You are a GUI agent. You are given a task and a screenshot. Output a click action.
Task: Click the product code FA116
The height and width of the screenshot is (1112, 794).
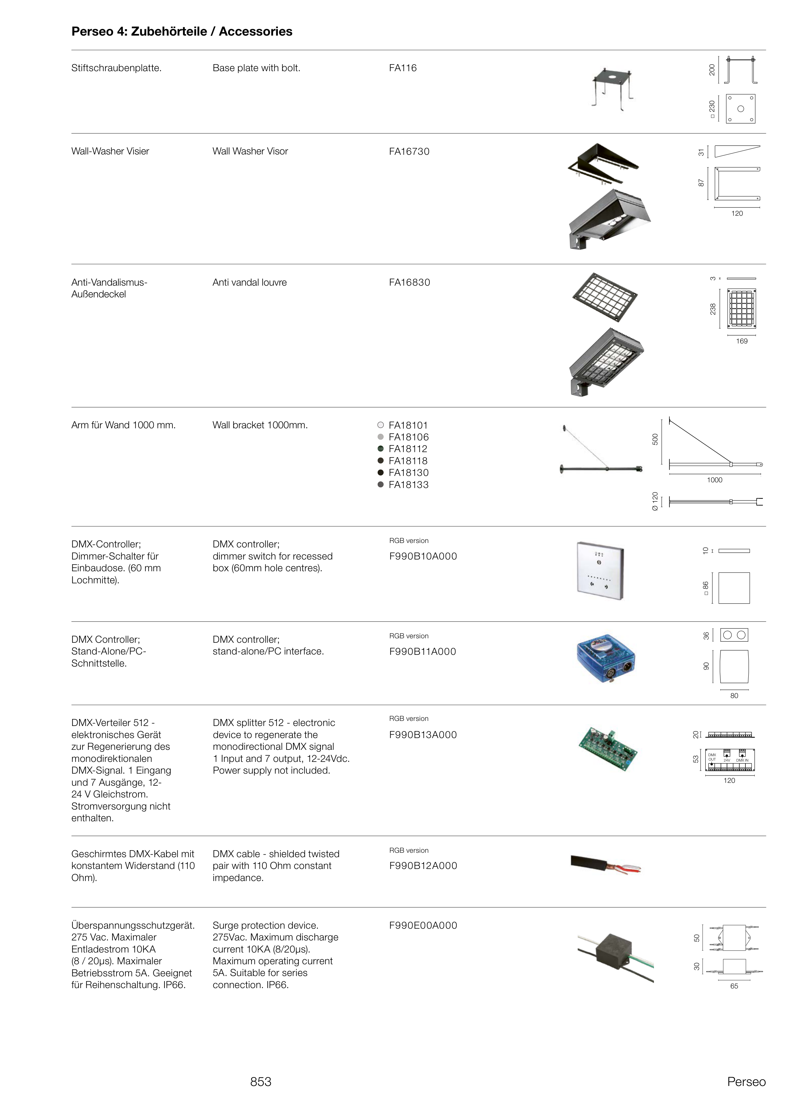402,68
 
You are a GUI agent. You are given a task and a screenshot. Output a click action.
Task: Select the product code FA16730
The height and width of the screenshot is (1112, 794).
409,152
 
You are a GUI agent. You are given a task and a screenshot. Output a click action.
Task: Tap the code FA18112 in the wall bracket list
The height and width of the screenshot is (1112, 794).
408,449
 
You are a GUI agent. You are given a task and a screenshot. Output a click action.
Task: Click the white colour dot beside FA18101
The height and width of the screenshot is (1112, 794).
380,425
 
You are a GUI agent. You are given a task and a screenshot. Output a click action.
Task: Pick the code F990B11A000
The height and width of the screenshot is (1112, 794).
422,651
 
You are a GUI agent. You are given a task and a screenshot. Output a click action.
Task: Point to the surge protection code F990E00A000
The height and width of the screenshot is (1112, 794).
423,925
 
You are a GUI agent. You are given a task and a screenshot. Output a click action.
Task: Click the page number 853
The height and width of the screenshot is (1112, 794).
261,1082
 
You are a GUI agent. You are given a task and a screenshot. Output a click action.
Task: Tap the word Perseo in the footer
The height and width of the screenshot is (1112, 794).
746,1082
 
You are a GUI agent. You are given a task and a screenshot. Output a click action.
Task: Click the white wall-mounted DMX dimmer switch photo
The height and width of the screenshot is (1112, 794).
600,570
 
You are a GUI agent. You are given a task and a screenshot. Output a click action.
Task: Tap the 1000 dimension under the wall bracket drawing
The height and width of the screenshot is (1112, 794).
714,480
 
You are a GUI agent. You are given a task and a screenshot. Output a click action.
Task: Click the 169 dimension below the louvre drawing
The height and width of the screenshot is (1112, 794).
742,341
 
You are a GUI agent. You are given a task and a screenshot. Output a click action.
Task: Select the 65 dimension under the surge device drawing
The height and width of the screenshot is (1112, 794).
734,986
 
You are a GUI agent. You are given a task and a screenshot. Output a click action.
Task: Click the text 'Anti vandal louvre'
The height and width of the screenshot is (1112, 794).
249,283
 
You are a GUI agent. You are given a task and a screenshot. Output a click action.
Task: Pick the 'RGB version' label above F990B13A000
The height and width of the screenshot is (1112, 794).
409,718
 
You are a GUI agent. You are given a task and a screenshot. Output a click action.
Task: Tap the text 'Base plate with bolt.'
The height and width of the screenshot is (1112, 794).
256,68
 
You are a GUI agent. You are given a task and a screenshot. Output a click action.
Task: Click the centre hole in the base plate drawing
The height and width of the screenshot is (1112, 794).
740,109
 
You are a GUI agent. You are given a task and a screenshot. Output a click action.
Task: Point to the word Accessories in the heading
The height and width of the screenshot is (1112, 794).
255,32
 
